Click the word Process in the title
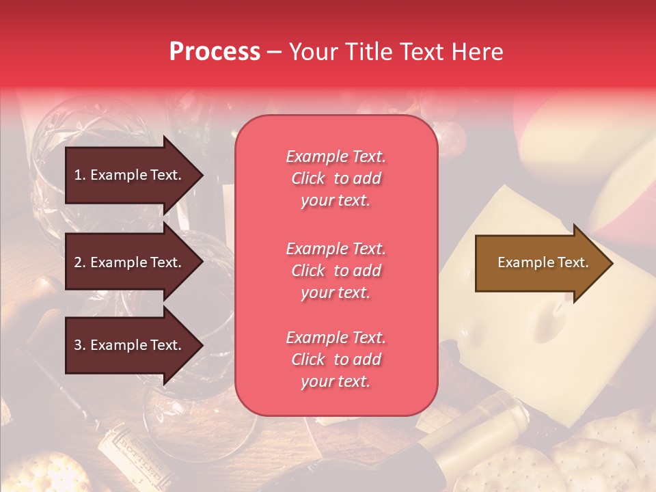[x=215, y=52]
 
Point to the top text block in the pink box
[x=336, y=178]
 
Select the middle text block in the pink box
[x=336, y=271]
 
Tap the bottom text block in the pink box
[x=336, y=359]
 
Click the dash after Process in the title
[x=274, y=53]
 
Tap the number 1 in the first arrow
[x=77, y=175]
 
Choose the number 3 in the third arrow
[x=77, y=345]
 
